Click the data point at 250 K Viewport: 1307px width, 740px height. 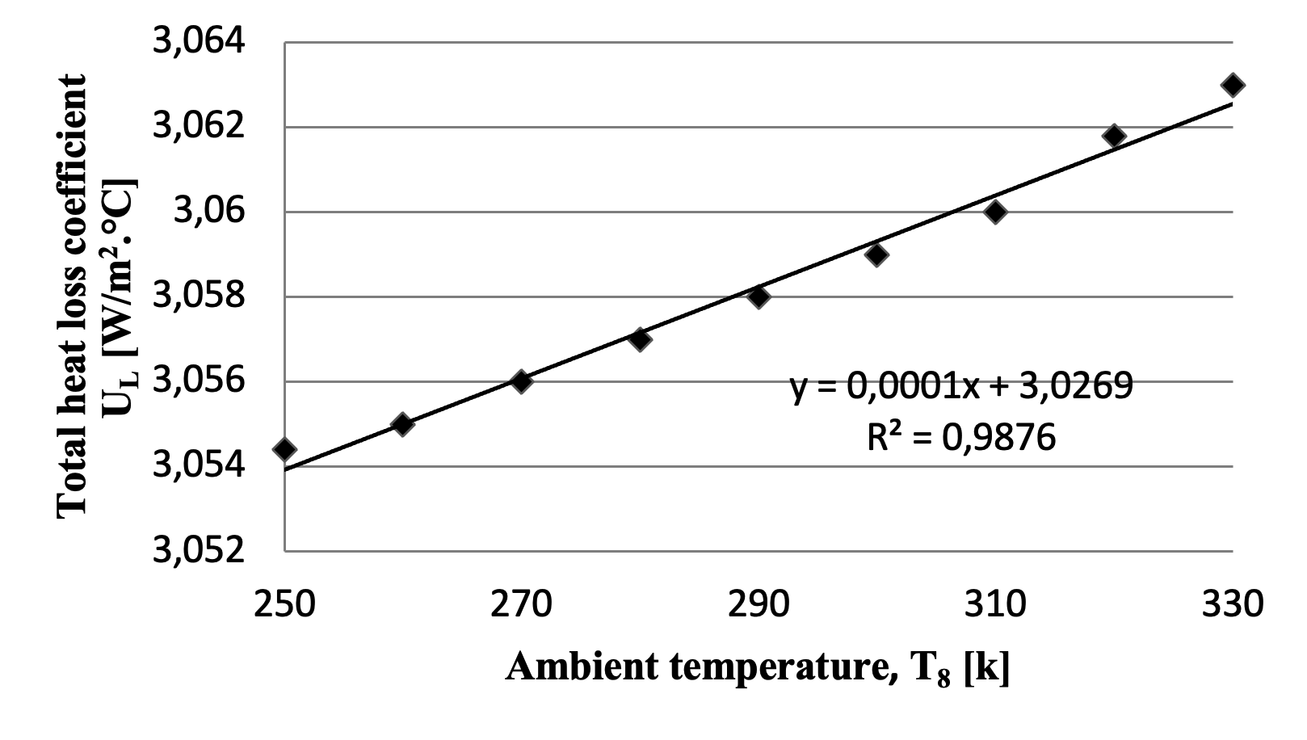tap(284, 449)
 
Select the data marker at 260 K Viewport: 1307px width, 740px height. tap(402, 424)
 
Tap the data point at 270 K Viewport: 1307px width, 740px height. tap(521, 381)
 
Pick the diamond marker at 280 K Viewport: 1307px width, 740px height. tap(640, 339)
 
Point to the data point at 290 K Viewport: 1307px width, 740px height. tap(759, 296)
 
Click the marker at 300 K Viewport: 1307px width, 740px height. tap(876, 254)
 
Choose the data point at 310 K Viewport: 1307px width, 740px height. tap(995, 212)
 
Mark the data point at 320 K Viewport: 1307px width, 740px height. tap(1114, 136)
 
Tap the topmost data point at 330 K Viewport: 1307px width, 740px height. tap(1233, 85)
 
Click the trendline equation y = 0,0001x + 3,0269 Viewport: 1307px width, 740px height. tap(961, 387)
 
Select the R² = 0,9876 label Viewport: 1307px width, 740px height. tap(961, 437)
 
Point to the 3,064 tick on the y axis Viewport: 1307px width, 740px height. tap(199, 42)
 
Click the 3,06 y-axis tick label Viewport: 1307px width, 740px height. tap(208, 212)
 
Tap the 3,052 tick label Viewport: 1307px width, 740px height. tap(199, 551)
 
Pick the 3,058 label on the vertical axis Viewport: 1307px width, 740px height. tap(199, 296)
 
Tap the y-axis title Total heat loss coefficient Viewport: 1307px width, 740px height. tap(73, 296)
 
